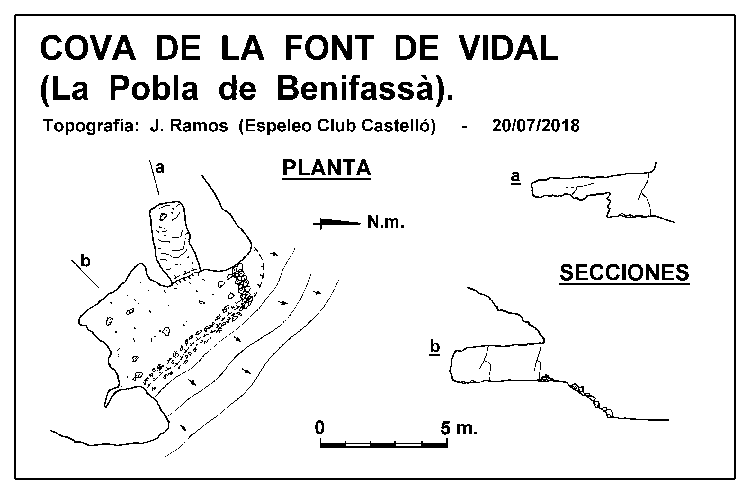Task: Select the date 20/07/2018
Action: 536,125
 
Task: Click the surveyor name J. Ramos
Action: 189,126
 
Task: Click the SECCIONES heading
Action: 624,273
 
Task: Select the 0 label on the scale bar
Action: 319,428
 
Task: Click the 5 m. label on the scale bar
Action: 459,428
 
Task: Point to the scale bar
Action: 384,444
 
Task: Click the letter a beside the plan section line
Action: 160,168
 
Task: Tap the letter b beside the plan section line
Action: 85,261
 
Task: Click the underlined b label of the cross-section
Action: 434,347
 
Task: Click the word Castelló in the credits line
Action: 398,125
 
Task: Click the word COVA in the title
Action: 87,48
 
